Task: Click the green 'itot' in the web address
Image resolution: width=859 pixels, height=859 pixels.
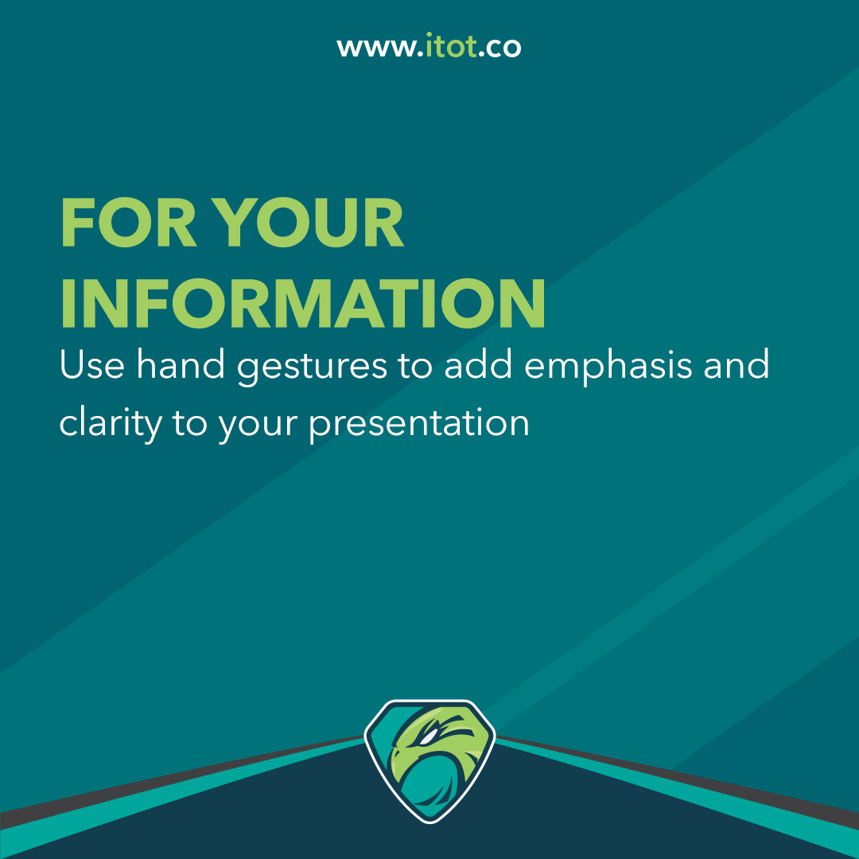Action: (449, 47)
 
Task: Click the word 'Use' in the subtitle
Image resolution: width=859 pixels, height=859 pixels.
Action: (91, 365)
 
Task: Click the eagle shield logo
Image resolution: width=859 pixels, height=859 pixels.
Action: (429, 760)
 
